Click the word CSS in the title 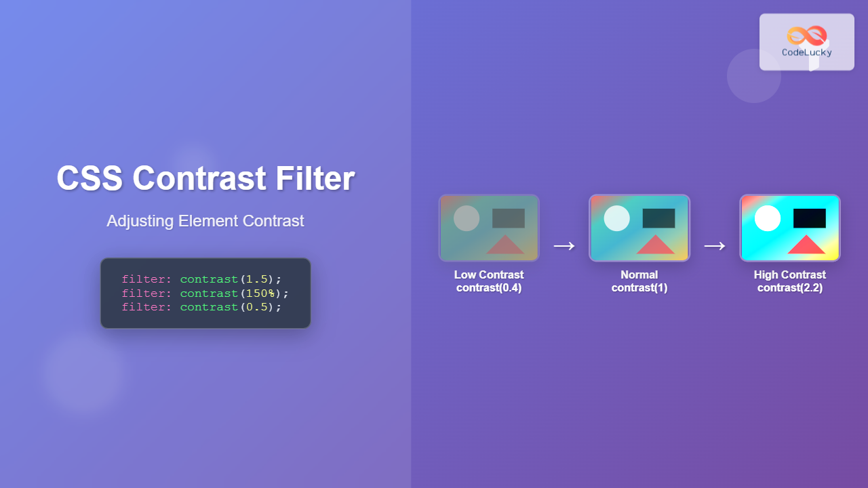[x=89, y=179]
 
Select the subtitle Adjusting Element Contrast [x=205, y=221]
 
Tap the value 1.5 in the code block [x=256, y=279]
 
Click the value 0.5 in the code [x=256, y=307]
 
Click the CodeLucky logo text [x=806, y=52]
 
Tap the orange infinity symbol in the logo [x=806, y=35]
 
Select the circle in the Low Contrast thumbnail [x=467, y=218]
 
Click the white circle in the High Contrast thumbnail [x=768, y=218]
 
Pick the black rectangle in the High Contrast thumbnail [x=809, y=218]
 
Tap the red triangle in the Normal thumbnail [x=656, y=246]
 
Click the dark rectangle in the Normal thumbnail [x=658, y=218]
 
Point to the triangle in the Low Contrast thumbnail [x=505, y=246]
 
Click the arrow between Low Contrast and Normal [x=564, y=245]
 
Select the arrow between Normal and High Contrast [x=714, y=245]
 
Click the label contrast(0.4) [x=489, y=288]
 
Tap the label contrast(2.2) [x=790, y=288]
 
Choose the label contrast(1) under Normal [x=639, y=288]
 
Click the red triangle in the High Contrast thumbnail [x=806, y=246]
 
